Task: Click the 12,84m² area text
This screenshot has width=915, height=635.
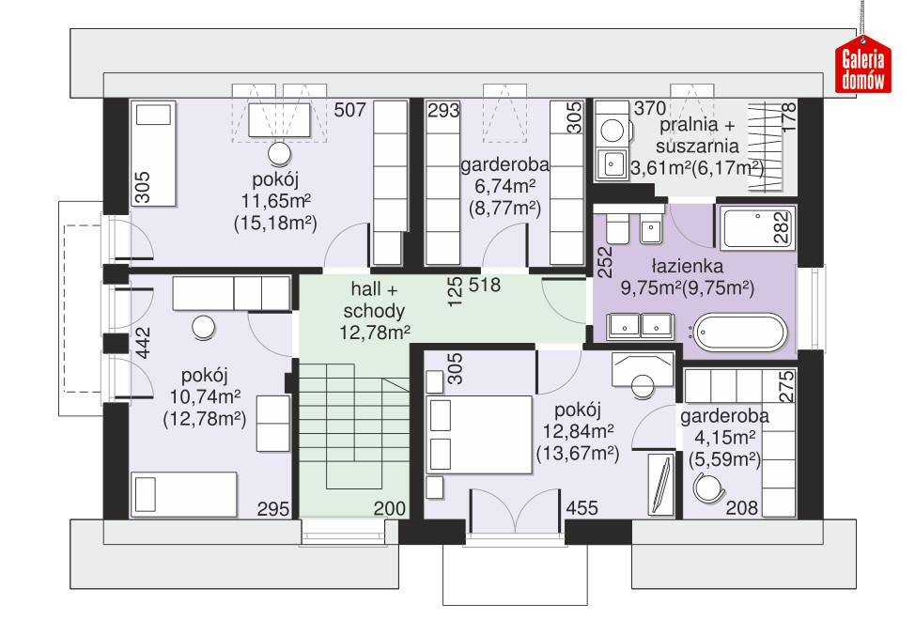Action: tap(577, 432)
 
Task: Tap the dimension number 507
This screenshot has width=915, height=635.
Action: tap(349, 111)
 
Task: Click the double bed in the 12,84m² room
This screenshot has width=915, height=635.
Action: tap(479, 432)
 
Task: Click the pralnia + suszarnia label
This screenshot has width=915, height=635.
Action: tap(698, 135)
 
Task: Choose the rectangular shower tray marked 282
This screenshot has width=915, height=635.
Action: tap(753, 226)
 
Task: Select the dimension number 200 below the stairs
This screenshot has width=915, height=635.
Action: tap(390, 508)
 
